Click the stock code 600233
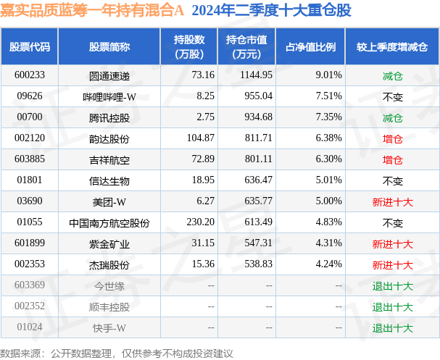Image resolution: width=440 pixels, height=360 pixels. click(29, 75)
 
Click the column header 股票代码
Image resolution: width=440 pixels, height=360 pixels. click(30, 46)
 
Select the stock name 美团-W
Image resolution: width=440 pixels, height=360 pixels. click(109, 201)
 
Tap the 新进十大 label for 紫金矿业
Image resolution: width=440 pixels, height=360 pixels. click(392, 244)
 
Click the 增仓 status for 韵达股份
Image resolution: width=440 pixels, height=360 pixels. click(392, 138)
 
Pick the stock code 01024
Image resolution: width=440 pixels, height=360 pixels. click(29, 327)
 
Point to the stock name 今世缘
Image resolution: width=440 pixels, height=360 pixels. click(109, 285)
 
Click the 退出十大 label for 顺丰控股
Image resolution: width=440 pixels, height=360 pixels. click(392, 306)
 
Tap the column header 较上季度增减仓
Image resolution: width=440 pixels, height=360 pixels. click(392, 46)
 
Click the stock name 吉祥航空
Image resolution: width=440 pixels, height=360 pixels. click(109, 159)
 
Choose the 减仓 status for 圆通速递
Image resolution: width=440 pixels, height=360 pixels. click(392, 75)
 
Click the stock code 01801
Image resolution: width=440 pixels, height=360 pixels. click(29, 180)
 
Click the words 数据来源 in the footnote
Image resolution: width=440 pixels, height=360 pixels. click(21, 353)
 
